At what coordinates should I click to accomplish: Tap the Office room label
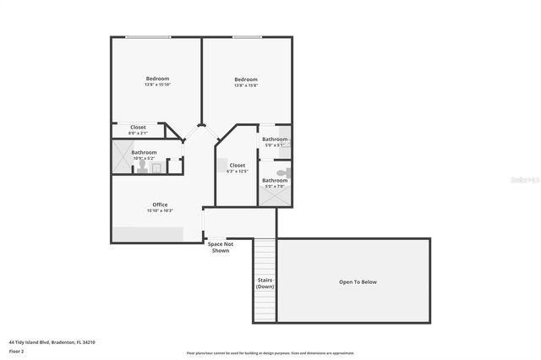(x=160, y=205)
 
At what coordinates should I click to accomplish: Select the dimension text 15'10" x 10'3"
(x=160, y=210)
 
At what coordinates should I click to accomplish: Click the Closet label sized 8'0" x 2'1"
(x=138, y=128)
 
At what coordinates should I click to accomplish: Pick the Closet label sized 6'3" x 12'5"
(x=238, y=166)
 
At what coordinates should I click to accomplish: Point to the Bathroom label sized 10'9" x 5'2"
(x=144, y=153)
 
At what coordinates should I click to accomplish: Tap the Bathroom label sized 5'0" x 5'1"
(x=274, y=139)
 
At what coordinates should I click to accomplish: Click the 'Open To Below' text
(x=358, y=281)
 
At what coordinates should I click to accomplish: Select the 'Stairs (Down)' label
(x=265, y=283)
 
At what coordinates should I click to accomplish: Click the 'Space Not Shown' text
(x=220, y=247)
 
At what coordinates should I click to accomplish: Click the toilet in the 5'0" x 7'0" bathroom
(x=284, y=172)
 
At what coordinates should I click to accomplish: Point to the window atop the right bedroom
(x=246, y=36)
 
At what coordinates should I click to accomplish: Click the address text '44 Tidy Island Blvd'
(x=52, y=342)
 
